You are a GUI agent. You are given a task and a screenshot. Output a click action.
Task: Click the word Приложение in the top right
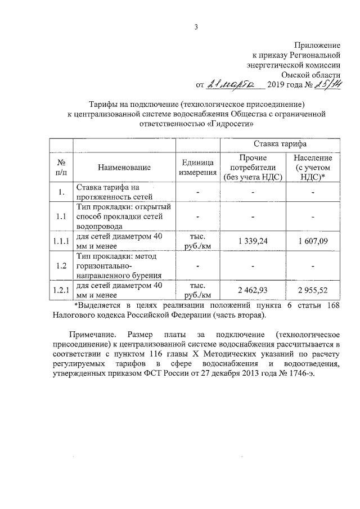pos(318,44)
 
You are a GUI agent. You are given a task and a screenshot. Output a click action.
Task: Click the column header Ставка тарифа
pos(280,145)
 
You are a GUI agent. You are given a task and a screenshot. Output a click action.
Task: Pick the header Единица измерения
pos(197,167)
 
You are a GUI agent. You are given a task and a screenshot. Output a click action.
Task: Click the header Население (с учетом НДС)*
pos(314,167)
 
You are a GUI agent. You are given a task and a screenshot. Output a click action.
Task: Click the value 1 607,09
pos(314,241)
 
